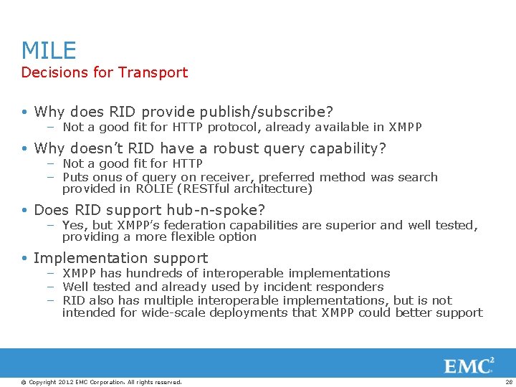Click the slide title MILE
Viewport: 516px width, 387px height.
49,50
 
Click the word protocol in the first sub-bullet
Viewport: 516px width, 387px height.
251,128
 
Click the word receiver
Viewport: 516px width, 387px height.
226,177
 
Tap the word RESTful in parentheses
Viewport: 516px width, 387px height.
208,189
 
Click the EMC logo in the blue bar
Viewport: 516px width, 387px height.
469,365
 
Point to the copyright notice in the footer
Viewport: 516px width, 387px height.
102,382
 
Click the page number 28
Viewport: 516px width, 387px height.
507,382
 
